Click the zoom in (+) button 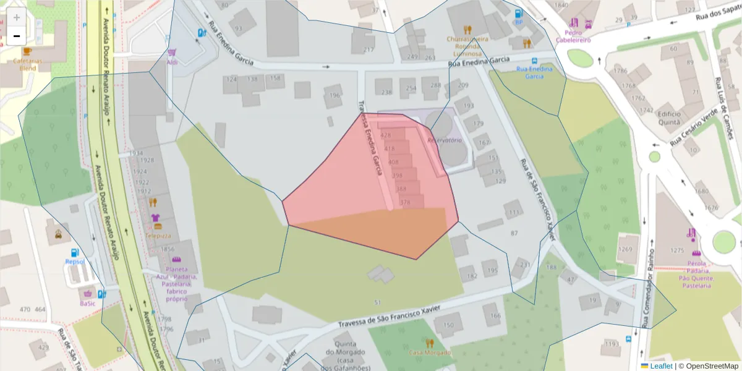(x=17, y=17)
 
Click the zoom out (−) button (x=17, y=36)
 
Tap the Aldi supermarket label (x=172, y=62)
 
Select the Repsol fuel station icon (x=75, y=252)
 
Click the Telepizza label (x=158, y=236)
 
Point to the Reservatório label (x=445, y=140)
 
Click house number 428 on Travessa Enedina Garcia (x=386, y=135)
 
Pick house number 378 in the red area (x=405, y=202)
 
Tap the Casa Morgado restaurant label (x=430, y=352)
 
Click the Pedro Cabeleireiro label (x=573, y=36)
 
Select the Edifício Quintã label (x=670, y=118)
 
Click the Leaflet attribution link (x=661, y=366)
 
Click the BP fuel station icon (x=518, y=13)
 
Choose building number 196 (x=335, y=95)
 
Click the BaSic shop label (x=87, y=304)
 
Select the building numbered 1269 (x=625, y=249)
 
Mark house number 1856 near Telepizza (x=168, y=249)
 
